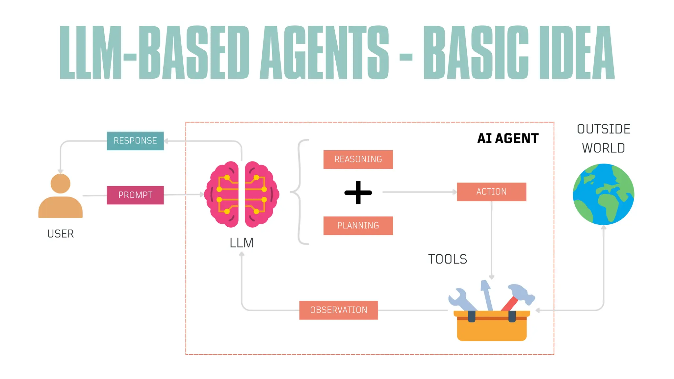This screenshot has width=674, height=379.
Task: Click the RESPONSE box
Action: pos(135,141)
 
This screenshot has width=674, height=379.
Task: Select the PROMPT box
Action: pos(135,195)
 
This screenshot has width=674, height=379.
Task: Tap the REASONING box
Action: pos(358,160)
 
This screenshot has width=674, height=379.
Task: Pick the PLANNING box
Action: pos(358,226)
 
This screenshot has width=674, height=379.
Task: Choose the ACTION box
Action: pos(491,192)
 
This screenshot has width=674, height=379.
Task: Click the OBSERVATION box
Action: pos(338,310)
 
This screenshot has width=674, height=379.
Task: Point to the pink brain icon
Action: pos(242,194)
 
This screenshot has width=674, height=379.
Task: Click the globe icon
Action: pos(603,194)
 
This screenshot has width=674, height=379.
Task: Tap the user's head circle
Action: pos(60,184)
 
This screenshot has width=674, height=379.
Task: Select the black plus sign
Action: pos(358,192)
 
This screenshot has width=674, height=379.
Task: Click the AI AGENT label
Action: pos(508,139)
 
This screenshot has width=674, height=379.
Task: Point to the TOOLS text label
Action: pos(447,259)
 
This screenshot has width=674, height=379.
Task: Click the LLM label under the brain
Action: pos(242,243)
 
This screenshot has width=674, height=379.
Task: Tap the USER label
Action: pos(60,234)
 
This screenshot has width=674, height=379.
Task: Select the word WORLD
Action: pos(603,148)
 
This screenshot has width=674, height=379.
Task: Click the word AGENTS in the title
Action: pos(324,53)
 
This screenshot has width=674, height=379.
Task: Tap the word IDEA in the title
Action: pos(577,53)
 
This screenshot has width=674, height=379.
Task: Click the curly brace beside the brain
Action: pos(299,192)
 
